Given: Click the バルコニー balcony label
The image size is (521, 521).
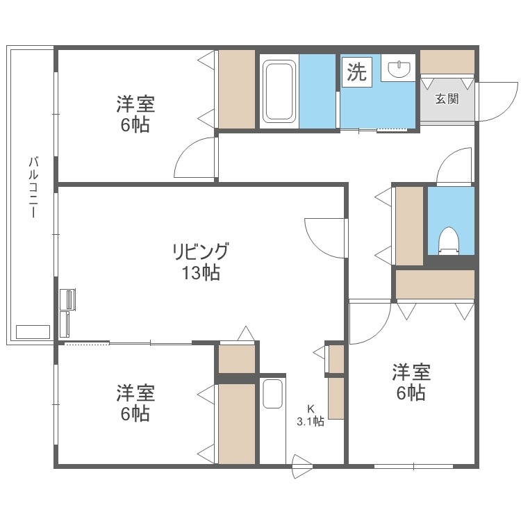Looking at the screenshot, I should tap(33, 187).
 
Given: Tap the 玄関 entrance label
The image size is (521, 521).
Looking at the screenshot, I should tap(447, 98).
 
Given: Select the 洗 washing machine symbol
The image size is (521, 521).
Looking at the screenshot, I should tap(356, 72).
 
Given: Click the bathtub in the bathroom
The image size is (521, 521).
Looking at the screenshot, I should tap(279, 90).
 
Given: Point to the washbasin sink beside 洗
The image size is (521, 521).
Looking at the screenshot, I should tap(398, 69).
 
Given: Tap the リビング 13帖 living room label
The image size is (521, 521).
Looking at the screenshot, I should tap(201, 261).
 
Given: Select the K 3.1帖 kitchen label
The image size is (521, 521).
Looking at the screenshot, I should tap(310, 415).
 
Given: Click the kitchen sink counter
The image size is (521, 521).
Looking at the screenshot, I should tap(273, 421).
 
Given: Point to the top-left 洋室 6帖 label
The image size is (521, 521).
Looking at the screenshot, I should tap(135, 115).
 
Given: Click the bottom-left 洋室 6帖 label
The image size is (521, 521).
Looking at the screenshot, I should tap(135, 403).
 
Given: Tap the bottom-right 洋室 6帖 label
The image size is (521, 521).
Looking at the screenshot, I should tap(411, 382).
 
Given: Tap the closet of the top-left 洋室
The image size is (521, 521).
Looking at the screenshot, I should tap(237, 89).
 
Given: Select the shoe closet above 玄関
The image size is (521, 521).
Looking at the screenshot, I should tap(447, 62).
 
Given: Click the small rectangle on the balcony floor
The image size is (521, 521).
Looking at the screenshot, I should tap(33, 331).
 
